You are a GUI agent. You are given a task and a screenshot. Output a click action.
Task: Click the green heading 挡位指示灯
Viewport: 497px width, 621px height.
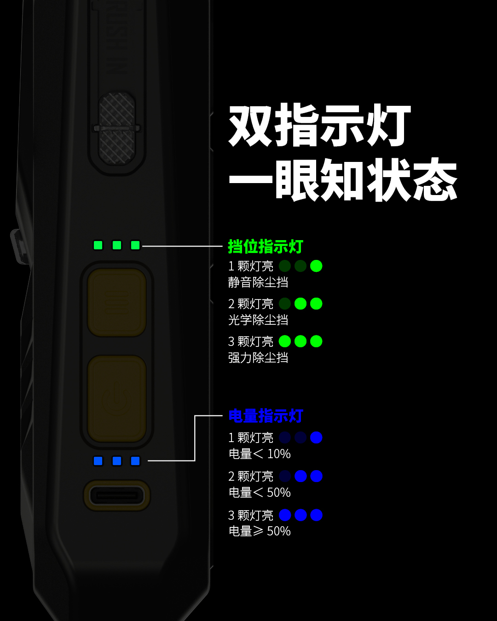tap(266, 247)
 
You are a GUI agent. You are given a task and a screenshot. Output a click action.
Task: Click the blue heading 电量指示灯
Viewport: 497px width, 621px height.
tap(266, 416)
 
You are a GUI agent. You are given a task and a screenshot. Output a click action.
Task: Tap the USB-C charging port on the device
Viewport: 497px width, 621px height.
tap(117, 495)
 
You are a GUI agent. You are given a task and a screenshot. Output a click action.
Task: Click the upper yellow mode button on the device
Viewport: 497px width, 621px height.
tap(117, 302)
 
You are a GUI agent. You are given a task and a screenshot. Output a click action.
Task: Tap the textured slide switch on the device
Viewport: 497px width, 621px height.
tap(117, 128)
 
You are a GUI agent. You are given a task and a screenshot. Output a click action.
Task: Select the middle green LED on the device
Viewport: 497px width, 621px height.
tap(117, 245)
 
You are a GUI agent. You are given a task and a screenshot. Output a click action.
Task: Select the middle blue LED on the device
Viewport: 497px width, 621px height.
tap(117, 461)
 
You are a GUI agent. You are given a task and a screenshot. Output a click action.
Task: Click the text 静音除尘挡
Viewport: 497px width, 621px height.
tap(258, 282)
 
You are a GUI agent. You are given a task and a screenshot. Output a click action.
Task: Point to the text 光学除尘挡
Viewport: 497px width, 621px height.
tap(258, 320)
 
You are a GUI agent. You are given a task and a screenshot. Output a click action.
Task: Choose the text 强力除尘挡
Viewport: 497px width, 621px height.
tap(258, 357)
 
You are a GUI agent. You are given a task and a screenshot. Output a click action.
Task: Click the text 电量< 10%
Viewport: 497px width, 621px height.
tap(260, 454)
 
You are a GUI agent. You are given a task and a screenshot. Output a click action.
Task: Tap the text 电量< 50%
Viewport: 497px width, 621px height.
tap(260, 493)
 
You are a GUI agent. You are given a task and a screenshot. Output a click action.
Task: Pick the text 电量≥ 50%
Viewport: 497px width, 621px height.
tap(260, 531)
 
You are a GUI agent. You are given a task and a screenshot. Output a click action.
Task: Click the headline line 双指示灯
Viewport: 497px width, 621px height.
tap(319, 126)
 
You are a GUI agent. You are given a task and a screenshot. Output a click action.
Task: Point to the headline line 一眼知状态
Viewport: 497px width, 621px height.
tap(343, 180)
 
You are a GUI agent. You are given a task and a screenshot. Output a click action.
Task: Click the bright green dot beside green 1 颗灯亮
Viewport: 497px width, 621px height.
tap(316, 266)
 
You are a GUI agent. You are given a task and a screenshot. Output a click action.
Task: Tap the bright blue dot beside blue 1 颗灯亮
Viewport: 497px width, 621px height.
tap(316, 437)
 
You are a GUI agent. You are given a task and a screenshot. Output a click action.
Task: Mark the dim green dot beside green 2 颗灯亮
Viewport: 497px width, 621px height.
tap(285, 304)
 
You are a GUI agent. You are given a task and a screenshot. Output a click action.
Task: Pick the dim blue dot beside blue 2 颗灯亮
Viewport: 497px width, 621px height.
tap(285, 476)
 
